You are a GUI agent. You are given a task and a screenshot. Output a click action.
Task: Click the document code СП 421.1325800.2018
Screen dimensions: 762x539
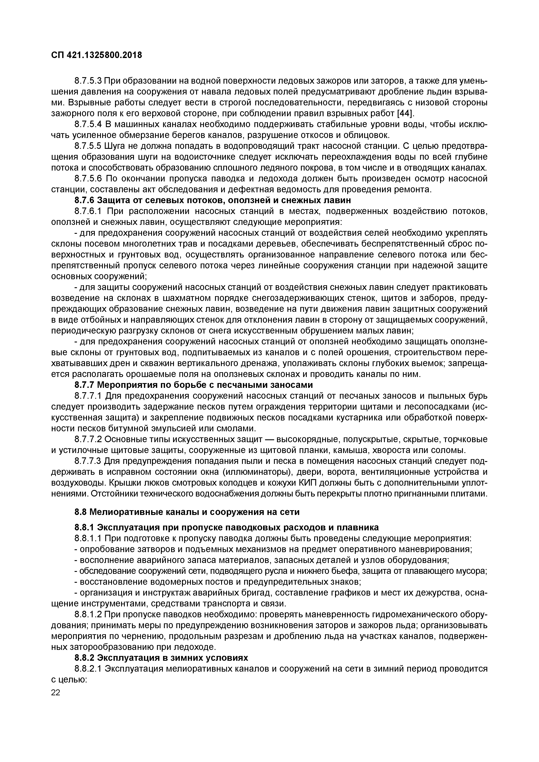point(96,55)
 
